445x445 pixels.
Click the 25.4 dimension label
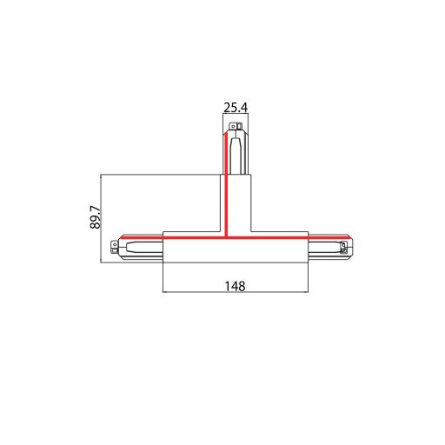[236, 108]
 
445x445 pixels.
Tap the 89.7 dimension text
[95, 216]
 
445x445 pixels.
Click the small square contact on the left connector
[116, 249]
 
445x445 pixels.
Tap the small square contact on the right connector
[349, 249]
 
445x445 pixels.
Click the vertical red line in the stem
[225, 191]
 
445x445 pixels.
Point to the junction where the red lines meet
[225, 236]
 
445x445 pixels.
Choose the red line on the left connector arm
[141, 236]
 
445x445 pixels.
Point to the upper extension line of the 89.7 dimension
[161, 174]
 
